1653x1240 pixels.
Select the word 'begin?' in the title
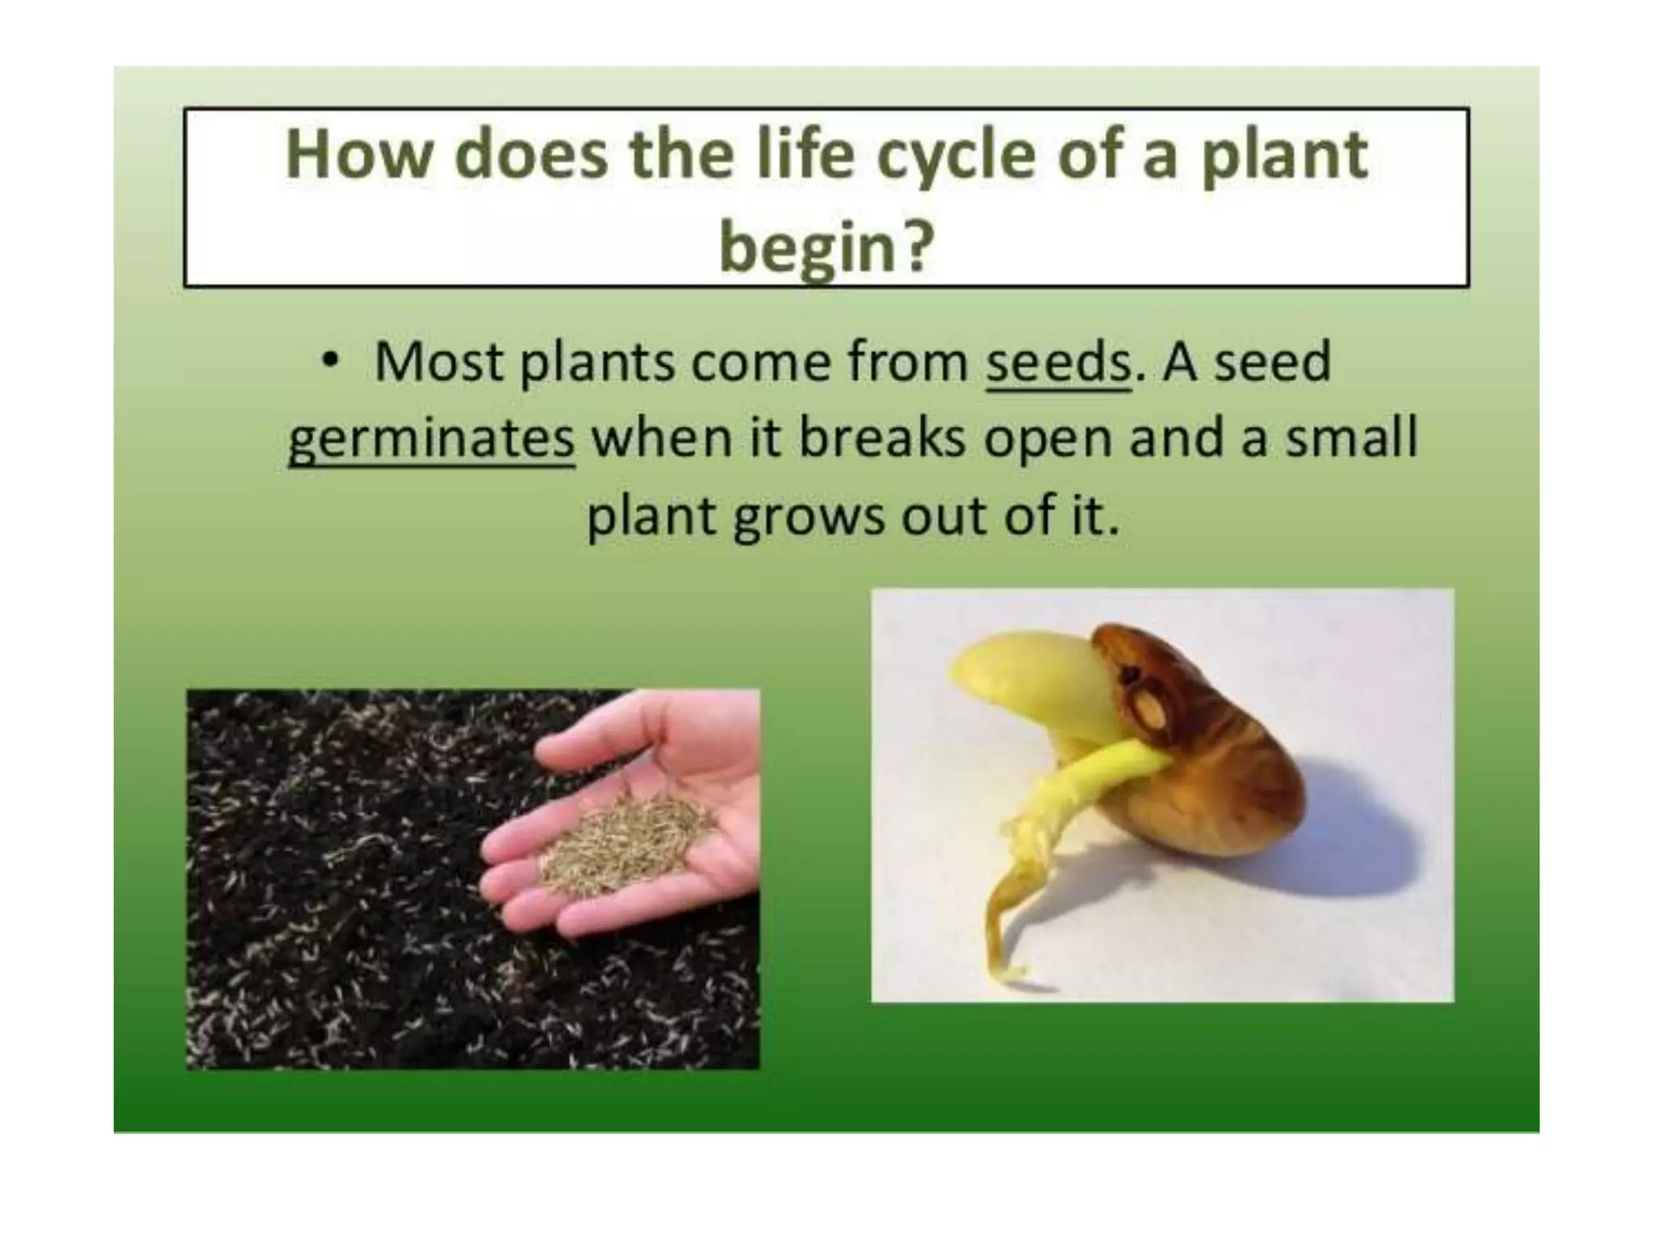tap(826, 245)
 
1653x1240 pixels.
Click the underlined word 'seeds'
tap(1058, 362)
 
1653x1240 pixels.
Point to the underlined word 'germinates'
tap(431, 439)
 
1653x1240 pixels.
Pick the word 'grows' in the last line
tap(808, 517)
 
